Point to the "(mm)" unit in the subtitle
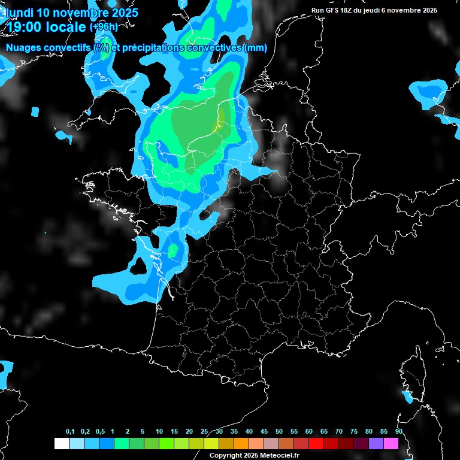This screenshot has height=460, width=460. tap(255, 48)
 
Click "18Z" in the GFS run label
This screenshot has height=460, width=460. tap(344, 10)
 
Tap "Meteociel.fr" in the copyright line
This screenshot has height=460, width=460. tap(280, 455)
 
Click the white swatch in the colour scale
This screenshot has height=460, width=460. tap(61, 444)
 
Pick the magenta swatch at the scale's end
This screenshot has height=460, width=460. tap(391, 444)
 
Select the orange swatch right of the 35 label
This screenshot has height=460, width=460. tap(241, 444)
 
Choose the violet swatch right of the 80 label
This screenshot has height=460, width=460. tap(376, 444)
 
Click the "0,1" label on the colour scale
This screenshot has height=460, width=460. tap(70, 432)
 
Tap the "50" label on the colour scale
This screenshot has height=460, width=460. tap(279, 432)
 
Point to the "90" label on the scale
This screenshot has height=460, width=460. tap(399, 432)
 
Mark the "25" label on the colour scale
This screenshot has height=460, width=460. tap(204, 432)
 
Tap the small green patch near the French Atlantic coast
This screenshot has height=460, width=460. tap(173, 250)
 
